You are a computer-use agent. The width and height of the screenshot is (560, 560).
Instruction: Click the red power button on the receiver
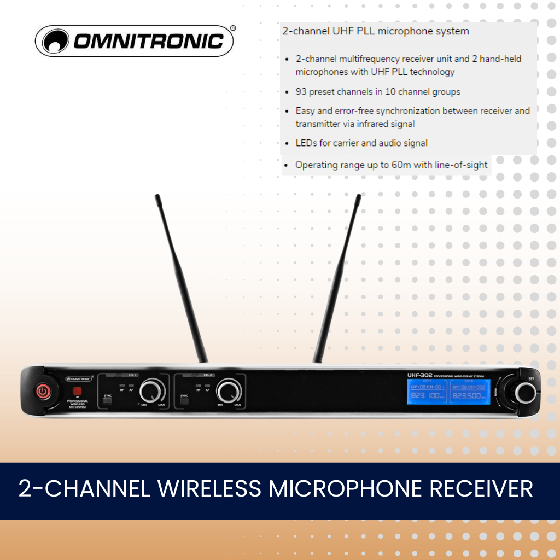43,391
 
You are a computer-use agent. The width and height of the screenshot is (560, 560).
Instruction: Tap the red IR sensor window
77,391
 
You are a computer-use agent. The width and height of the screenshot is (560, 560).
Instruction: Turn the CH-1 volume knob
151,392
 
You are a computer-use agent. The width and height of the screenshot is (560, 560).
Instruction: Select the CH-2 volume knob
228,392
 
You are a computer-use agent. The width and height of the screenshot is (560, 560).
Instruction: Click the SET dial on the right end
526,392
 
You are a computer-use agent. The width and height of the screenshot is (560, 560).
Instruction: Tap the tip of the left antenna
157,196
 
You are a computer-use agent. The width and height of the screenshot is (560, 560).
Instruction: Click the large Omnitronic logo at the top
135,41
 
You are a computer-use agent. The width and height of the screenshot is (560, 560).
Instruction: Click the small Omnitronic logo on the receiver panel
80,378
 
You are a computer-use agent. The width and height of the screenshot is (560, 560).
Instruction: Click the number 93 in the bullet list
301,92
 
